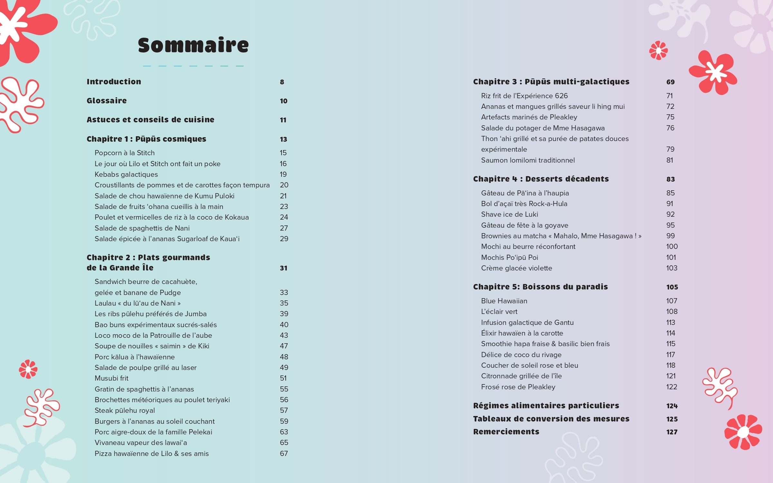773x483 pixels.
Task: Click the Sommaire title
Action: [x=193, y=45]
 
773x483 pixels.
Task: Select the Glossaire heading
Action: [x=107, y=101]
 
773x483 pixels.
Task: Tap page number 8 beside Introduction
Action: [x=282, y=82]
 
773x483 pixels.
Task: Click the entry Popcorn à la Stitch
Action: [x=125, y=153]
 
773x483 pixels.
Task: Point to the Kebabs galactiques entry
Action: [x=126, y=175]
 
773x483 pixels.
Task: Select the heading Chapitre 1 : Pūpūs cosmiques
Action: [x=146, y=139]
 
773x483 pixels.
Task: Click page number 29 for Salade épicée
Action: [x=284, y=239]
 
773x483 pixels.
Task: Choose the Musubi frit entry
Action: [x=111, y=378]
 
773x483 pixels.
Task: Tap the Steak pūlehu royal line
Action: [x=125, y=411]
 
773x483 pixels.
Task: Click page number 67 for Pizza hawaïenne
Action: [x=284, y=454]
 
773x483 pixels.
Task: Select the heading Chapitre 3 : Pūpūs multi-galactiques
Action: [x=551, y=82]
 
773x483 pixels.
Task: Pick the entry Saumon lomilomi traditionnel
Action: [x=528, y=160]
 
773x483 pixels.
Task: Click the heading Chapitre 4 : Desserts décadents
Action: [x=541, y=179]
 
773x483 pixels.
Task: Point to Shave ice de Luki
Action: [x=510, y=214]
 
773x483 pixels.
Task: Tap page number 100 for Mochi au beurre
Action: [x=672, y=247]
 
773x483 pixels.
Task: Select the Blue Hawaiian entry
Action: [x=504, y=301]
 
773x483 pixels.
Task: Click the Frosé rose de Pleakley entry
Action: [x=518, y=387]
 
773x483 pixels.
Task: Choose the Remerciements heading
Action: [x=506, y=432]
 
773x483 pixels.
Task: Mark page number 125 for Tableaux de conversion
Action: [x=672, y=419]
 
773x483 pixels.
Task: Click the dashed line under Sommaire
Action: [x=193, y=66]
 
